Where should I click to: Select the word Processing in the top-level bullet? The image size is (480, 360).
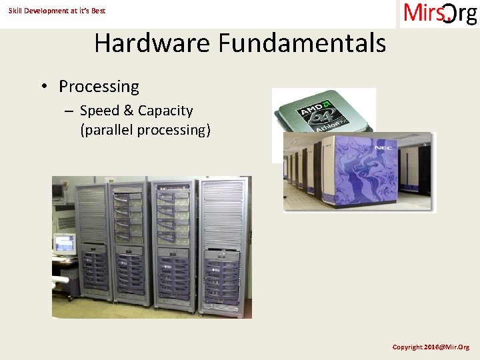click(x=99, y=87)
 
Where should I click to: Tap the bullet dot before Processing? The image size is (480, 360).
click(x=43, y=87)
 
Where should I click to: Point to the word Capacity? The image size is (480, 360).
click(x=165, y=111)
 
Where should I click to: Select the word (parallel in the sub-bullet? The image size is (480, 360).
click(x=106, y=129)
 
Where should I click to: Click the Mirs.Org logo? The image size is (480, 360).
click(x=439, y=13)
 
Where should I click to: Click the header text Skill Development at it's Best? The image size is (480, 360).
click(x=57, y=11)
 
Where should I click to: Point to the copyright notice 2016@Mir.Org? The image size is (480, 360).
click(x=431, y=347)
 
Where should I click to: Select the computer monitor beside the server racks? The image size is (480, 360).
click(x=64, y=244)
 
